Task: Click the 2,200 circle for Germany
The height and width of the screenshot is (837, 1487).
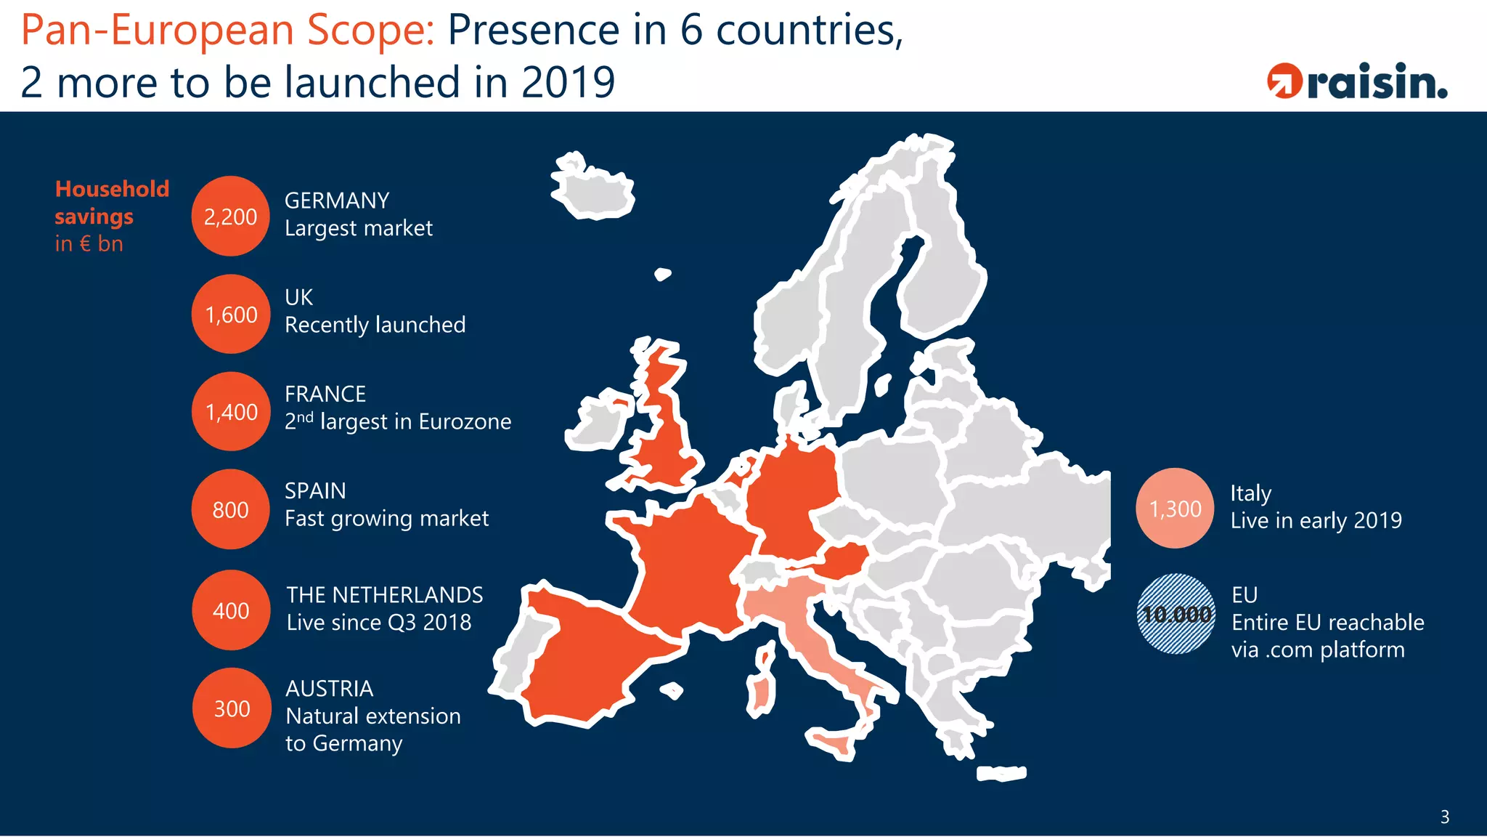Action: (230, 216)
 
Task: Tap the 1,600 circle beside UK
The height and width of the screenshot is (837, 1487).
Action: (231, 314)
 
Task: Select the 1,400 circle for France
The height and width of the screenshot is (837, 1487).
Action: (231, 411)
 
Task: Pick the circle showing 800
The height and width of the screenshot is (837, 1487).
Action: (231, 509)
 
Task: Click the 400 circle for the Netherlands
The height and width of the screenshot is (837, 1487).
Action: (231, 610)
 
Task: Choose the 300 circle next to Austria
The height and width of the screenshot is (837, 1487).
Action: (232, 708)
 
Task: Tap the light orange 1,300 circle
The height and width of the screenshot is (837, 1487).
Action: (1175, 508)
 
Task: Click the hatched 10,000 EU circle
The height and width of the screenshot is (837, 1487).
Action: (1176, 614)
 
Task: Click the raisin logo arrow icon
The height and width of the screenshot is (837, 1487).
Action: (1284, 81)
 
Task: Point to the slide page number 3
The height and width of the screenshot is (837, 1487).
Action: (1444, 817)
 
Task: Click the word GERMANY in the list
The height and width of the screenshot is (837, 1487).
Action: (337, 201)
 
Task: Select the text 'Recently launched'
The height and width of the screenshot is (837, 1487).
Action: (375, 325)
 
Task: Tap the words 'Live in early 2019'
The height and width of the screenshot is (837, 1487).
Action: (1316, 520)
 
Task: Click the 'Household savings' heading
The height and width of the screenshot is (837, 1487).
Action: (111, 203)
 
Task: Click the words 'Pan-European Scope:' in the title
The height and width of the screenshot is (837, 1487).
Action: (227, 31)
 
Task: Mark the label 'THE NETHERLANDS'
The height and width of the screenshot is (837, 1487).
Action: (384, 595)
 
